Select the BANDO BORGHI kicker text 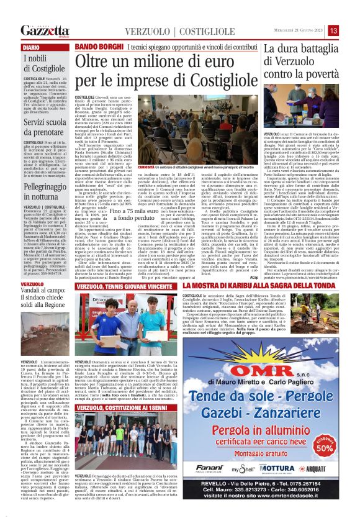(x=97, y=47)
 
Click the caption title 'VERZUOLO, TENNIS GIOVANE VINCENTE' (x=124, y=286)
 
